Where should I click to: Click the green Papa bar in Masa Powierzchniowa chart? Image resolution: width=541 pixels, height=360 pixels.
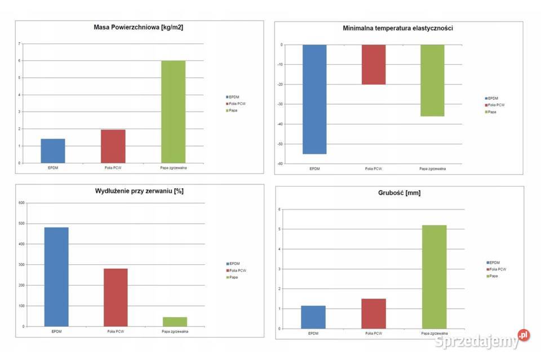coord(173,112)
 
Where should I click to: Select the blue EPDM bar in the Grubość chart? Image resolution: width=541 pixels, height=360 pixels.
coord(313,317)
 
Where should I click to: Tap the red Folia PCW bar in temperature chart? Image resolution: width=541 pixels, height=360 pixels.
coord(374,64)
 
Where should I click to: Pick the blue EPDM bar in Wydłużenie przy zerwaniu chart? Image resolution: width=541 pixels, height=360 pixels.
coord(56,277)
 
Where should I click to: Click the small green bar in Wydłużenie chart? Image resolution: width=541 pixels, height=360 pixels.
coord(175,322)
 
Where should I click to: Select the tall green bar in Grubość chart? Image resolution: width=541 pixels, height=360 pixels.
coord(434,277)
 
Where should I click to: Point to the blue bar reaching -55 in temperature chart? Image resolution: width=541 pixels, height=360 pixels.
coord(314,99)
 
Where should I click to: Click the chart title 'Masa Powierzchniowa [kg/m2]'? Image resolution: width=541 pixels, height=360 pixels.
coord(138,27)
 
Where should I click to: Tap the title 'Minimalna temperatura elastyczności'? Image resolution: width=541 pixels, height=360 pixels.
coord(398,28)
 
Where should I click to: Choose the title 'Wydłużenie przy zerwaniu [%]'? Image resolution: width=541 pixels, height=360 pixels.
coord(139,191)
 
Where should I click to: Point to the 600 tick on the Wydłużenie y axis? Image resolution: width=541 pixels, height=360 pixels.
coord(22,203)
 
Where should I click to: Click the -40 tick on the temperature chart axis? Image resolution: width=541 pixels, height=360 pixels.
coord(280,124)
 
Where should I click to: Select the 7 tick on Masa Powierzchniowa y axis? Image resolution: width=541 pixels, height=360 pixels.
coord(20,44)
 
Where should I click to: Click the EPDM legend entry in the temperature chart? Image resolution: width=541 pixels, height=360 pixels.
coord(493,98)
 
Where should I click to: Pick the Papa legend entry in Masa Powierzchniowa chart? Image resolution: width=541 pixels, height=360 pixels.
coord(233,110)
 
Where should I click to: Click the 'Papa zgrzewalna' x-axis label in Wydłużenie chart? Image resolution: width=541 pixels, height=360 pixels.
coord(175,331)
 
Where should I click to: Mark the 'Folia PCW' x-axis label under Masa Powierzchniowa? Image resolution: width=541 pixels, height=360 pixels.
coord(113,168)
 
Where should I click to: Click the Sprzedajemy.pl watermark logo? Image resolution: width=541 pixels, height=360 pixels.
coord(482,340)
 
